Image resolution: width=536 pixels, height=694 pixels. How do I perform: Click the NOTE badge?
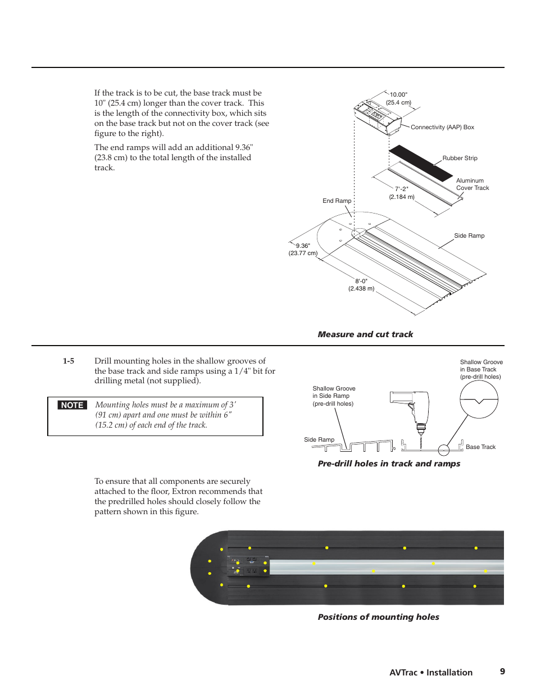(x=72, y=405)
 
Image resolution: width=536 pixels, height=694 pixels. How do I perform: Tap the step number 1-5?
(x=69, y=361)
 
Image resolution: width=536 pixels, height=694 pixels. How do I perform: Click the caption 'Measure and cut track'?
(x=365, y=334)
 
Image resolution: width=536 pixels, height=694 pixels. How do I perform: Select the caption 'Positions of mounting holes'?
(x=378, y=617)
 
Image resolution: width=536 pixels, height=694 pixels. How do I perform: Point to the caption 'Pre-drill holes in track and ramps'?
(x=389, y=464)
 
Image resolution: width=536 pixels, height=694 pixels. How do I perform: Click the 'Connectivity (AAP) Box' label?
(x=442, y=128)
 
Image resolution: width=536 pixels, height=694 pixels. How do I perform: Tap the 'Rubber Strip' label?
(x=460, y=158)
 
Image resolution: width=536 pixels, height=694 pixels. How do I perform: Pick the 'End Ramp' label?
(x=337, y=201)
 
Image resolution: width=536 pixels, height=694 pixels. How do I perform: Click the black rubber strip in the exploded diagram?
(x=421, y=162)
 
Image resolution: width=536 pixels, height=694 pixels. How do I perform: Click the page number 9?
(x=502, y=672)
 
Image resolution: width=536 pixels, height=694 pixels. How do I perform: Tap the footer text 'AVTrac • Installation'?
(x=431, y=673)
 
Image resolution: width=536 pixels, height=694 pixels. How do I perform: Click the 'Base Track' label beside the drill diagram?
(x=480, y=447)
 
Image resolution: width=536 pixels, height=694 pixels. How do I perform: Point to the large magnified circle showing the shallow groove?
(x=479, y=400)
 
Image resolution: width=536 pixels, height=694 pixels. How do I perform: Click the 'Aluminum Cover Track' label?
(x=472, y=184)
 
